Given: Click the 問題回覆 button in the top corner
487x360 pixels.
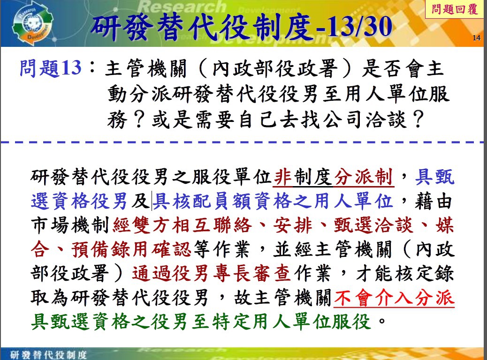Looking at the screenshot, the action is point(454,9).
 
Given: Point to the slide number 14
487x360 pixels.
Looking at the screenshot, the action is point(476,38).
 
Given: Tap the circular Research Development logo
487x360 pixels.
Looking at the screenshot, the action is point(32,25).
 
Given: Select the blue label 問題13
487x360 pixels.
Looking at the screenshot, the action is point(51,68).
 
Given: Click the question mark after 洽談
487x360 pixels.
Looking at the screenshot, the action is point(419,119).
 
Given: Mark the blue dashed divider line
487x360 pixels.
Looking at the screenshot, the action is point(243,142).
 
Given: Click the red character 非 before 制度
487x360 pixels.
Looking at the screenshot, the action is point(283,177).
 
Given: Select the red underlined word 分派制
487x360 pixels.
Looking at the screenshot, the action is point(364,177).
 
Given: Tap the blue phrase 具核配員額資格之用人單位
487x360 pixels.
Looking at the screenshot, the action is point(273,201).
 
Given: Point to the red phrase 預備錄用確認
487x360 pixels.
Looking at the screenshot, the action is point(131,249).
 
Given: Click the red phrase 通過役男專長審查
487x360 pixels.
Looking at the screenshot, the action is point(211,273).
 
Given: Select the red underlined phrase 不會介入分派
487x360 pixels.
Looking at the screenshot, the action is point(394,298).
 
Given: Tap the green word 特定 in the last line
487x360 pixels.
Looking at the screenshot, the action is point(232,322).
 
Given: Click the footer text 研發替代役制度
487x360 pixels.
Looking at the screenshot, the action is point(48,354).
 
